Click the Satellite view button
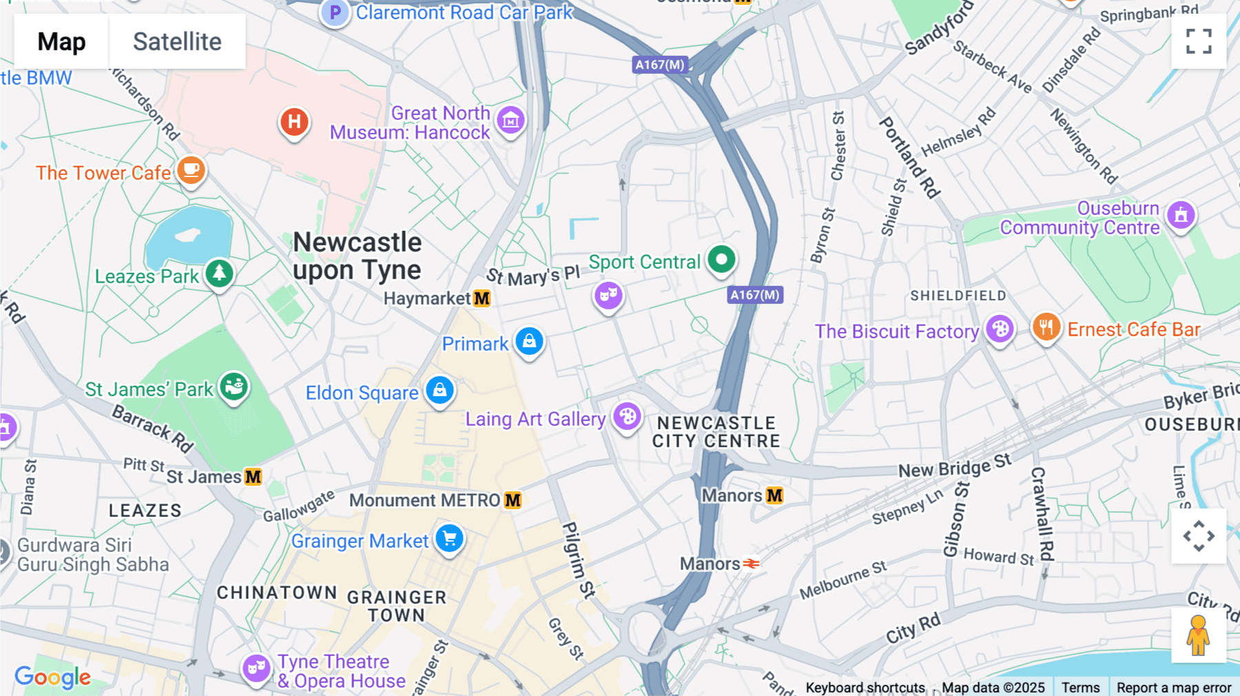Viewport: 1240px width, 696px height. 177,42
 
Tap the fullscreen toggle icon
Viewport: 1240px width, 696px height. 1199,41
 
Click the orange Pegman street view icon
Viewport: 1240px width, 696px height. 1198,635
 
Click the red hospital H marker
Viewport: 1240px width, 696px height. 294,122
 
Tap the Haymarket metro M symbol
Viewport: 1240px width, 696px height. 482,298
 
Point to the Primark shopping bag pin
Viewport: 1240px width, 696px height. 529,341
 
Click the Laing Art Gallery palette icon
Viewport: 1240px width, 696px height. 627,416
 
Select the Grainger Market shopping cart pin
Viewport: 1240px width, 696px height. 450,538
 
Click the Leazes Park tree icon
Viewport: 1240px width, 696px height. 220,274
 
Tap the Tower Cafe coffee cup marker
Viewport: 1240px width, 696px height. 192,170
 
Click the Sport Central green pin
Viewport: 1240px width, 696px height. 721,260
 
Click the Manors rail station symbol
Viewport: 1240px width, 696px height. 751,564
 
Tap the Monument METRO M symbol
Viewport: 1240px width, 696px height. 513,500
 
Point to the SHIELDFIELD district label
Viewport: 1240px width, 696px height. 958,296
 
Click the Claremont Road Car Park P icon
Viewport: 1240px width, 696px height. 335,12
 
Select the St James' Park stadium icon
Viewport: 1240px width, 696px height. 234,387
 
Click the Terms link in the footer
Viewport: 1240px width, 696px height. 1080,687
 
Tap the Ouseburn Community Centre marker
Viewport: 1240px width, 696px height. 1181,216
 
